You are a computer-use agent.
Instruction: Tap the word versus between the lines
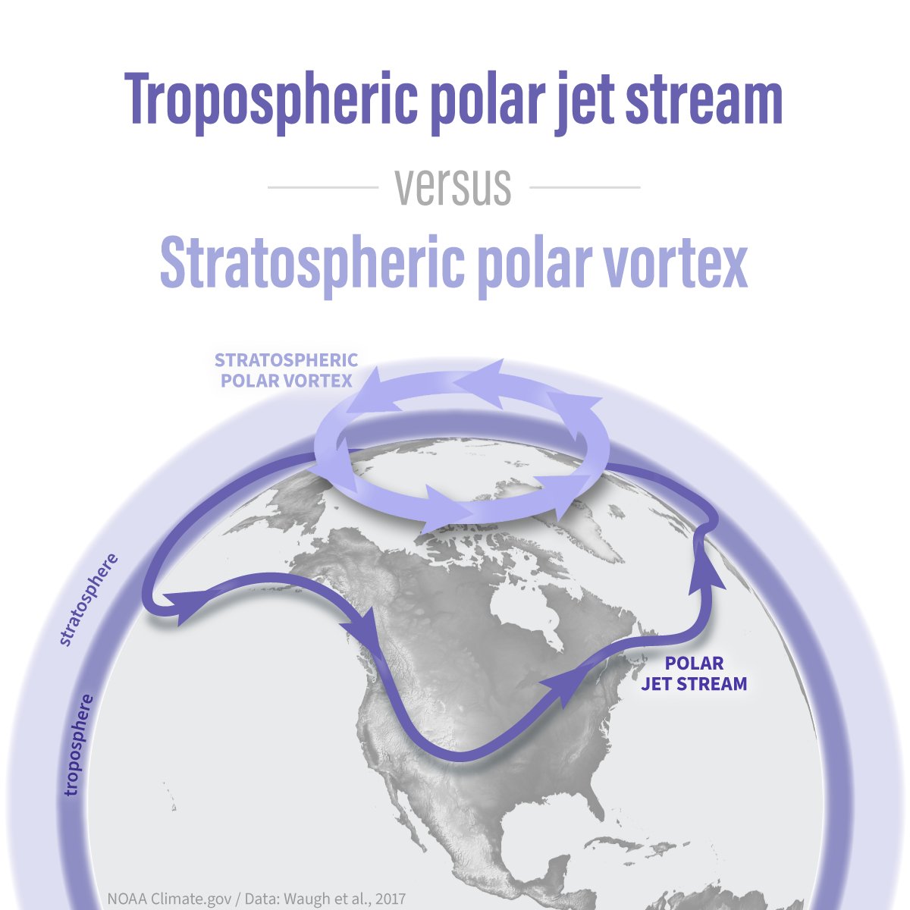click(x=453, y=187)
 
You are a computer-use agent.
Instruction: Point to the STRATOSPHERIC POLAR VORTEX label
click(x=287, y=369)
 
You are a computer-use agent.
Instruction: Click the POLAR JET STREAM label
click(x=694, y=673)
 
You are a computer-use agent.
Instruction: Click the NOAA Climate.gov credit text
click(x=256, y=899)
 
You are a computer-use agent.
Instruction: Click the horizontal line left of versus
click(x=323, y=187)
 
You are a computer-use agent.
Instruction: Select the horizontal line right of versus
click(x=584, y=187)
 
